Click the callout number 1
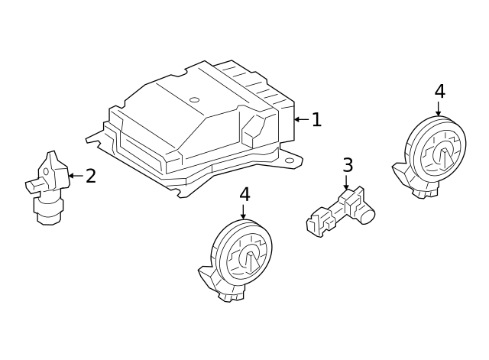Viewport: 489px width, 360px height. click(317, 119)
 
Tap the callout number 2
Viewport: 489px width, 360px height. click(91, 176)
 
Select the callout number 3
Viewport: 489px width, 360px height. click(348, 165)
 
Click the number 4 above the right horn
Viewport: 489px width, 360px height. click(440, 92)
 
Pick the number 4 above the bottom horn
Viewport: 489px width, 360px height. click(244, 194)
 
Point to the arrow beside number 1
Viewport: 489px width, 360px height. click(302, 119)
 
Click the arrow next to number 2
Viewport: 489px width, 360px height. click(76, 176)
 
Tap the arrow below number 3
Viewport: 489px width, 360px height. click(346, 182)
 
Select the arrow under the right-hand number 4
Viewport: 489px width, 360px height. click(439, 109)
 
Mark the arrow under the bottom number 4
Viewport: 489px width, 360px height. click(243, 212)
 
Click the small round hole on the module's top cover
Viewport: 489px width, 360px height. click(195, 100)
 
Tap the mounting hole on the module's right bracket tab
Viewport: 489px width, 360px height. click(290, 161)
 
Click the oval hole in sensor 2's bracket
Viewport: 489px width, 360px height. click(46, 171)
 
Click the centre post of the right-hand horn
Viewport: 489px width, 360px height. click(445, 157)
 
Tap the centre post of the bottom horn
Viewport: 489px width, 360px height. click(251, 261)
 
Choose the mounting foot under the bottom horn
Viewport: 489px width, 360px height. click(221, 285)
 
